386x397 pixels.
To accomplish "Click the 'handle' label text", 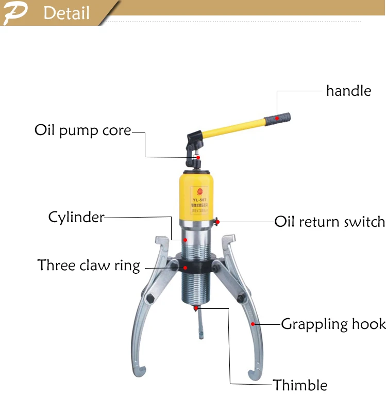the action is click(348, 91).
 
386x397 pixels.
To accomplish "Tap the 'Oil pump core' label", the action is click(82, 130).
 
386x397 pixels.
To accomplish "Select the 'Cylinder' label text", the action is click(76, 217).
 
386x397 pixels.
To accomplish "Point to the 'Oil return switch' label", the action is click(329, 222).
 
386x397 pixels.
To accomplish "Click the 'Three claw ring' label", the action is click(89, 266).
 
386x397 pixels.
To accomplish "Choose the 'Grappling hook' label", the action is click(333, 324).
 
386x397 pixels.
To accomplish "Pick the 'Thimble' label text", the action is click(300, 385).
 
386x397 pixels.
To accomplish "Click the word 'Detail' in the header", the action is click(66, 13).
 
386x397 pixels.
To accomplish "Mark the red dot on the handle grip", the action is click(277, 118).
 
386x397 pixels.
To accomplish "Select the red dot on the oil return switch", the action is click(218, 222).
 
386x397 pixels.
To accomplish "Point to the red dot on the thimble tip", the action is click(195, 308).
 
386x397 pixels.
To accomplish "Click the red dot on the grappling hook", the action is click(253, 324).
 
